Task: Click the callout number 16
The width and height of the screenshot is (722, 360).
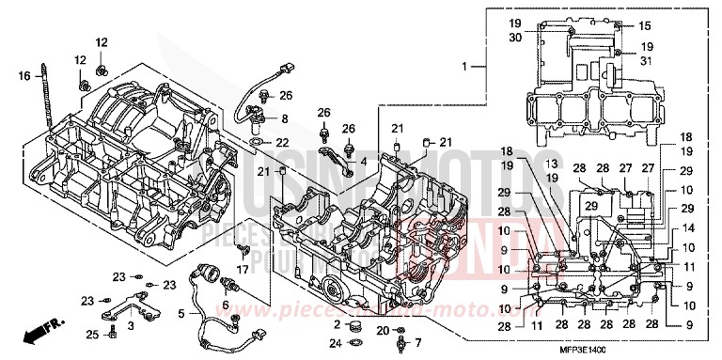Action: pyautogui.click(x=24, y=74)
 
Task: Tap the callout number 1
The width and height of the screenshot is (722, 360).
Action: pyautogui.click(x=463, y=67)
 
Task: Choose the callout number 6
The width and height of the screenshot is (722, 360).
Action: pyautogui.click(x=225, y=305)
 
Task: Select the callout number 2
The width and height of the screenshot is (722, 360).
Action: pyautogui.click(x=337, y=324)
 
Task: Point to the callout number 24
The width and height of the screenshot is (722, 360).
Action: pyautogui.click(x=337, y=343)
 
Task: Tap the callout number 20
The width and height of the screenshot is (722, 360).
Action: pyautogui.click(x=382, y=330)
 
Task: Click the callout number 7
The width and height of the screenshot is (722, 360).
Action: pyautogui.click(x=418, y=341)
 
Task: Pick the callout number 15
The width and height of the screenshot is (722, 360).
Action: pyautogui.click(x=645, y=25)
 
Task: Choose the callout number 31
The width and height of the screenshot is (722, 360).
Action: pyautogui.click(x=645, y=61)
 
